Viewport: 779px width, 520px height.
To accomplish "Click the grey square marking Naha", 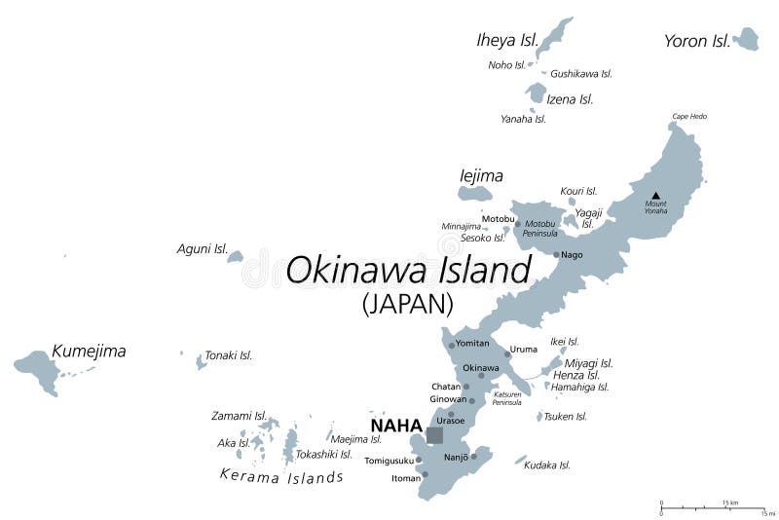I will (x=434, y=435).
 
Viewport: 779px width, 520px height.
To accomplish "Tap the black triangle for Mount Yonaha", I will (x=656, y=195).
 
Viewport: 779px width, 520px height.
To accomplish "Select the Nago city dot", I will (x=556, y=255).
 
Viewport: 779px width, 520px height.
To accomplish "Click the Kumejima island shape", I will (x=37, y=368).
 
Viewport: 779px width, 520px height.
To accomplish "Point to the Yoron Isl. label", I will (x=696, y=41).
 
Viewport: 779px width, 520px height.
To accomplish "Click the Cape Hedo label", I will (x=688, y=117).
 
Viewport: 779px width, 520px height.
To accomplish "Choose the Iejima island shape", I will (x=475, y=194).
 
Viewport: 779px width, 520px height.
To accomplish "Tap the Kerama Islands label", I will (x=280, y=477).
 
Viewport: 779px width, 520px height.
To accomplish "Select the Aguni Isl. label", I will (x=202, y=249).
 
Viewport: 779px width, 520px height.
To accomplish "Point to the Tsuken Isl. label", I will (x=567, y=416).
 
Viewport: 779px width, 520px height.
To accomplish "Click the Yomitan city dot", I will (x=451, y=345).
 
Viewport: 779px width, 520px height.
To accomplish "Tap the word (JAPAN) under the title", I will (x=407, y=305).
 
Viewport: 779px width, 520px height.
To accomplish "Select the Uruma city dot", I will (x=506, y=353).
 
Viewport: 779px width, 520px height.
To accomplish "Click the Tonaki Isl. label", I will (x=229, y=355).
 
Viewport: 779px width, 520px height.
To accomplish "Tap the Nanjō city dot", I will (x=474, y=456).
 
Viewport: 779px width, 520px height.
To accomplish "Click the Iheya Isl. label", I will (x=506, y=40).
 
